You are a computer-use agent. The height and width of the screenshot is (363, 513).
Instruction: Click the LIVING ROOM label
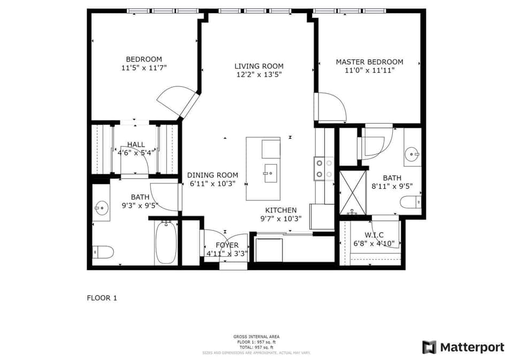[x=259, y=66]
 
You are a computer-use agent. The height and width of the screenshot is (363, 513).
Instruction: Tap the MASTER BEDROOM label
[x=369, y=62]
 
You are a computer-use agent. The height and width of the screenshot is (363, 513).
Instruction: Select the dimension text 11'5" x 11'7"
[x=144, y=68]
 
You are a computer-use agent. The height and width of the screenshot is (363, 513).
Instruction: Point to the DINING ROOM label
[x=212, y=175]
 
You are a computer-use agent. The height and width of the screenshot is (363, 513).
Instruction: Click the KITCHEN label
[x=281, y=210]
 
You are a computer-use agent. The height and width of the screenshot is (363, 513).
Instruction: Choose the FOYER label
[x=227, y=245]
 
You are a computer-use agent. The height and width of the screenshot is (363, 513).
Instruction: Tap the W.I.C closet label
[x=375, y=235]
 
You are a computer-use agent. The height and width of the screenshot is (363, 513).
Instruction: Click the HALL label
[x=136, y=144]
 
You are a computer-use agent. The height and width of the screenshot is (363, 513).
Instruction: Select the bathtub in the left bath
[x=166, y=243]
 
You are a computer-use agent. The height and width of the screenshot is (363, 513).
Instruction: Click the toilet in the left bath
[x=103, y=251]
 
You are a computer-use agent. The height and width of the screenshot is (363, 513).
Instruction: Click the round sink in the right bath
[x=413, y=154]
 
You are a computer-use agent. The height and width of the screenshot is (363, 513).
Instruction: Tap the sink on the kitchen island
[x=270, y=173]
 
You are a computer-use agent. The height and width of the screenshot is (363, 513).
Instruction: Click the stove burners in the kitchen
[x=324, y=168]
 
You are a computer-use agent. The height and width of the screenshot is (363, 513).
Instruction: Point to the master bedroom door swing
[x=331, y=107]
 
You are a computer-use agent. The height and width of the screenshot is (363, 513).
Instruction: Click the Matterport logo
[x=463, y=347]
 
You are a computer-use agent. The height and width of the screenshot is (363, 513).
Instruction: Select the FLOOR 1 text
[x=102, y=298]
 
